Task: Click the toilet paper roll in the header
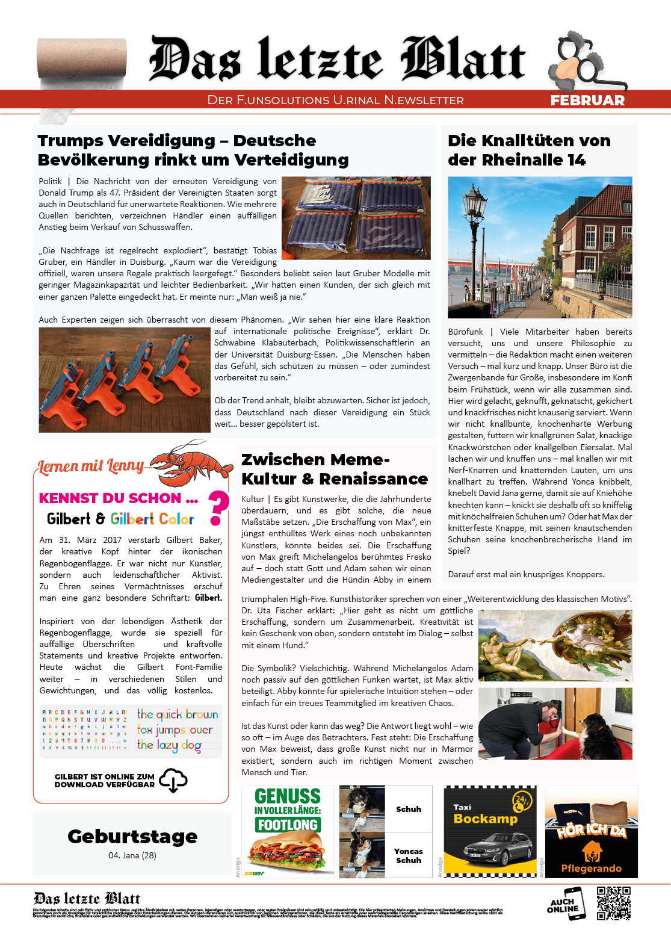(82, 63)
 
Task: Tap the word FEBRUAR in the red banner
(587, 101)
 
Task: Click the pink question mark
(218, 507)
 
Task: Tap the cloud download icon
(173, 780)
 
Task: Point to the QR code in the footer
(613, 903)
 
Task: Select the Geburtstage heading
(132, 836)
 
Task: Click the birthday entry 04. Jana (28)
(132, 855)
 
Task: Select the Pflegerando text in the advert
(591, 868)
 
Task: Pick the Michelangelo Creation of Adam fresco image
(555, 645)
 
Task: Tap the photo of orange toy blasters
(125, 380)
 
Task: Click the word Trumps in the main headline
(70, 141)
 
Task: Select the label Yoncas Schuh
(408, 855)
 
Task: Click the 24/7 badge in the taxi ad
(521, 801)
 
